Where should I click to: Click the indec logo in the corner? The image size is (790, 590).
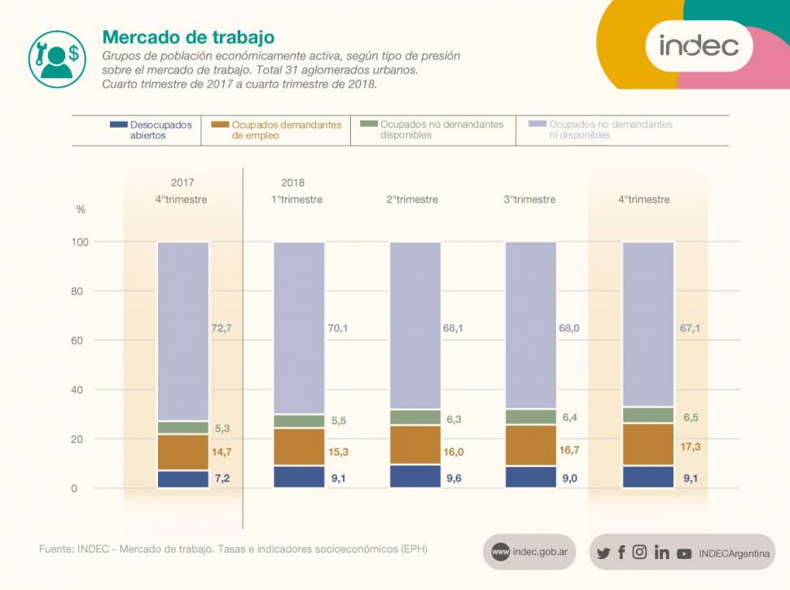[699, 46]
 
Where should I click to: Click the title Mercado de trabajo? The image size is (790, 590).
[188, 37]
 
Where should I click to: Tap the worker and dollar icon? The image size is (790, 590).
[57, 59]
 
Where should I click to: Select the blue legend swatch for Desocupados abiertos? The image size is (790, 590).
[118, 125]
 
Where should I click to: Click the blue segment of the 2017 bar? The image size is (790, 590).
[183, 479]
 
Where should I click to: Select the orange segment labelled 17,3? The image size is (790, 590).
[648, 444]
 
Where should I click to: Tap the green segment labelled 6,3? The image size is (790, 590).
[415, 417]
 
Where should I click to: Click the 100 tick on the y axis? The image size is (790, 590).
[80, 242]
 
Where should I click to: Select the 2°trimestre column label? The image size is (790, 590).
[412, 199]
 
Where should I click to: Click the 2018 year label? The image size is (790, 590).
[292, 182]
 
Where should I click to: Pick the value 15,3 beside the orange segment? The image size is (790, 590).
[340, 452]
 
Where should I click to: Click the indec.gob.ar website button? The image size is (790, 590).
[529, 553]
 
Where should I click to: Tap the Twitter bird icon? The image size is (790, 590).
[603, 553]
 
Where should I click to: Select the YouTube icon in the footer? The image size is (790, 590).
[684, 553]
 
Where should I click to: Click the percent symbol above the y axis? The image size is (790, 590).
[81, 209]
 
